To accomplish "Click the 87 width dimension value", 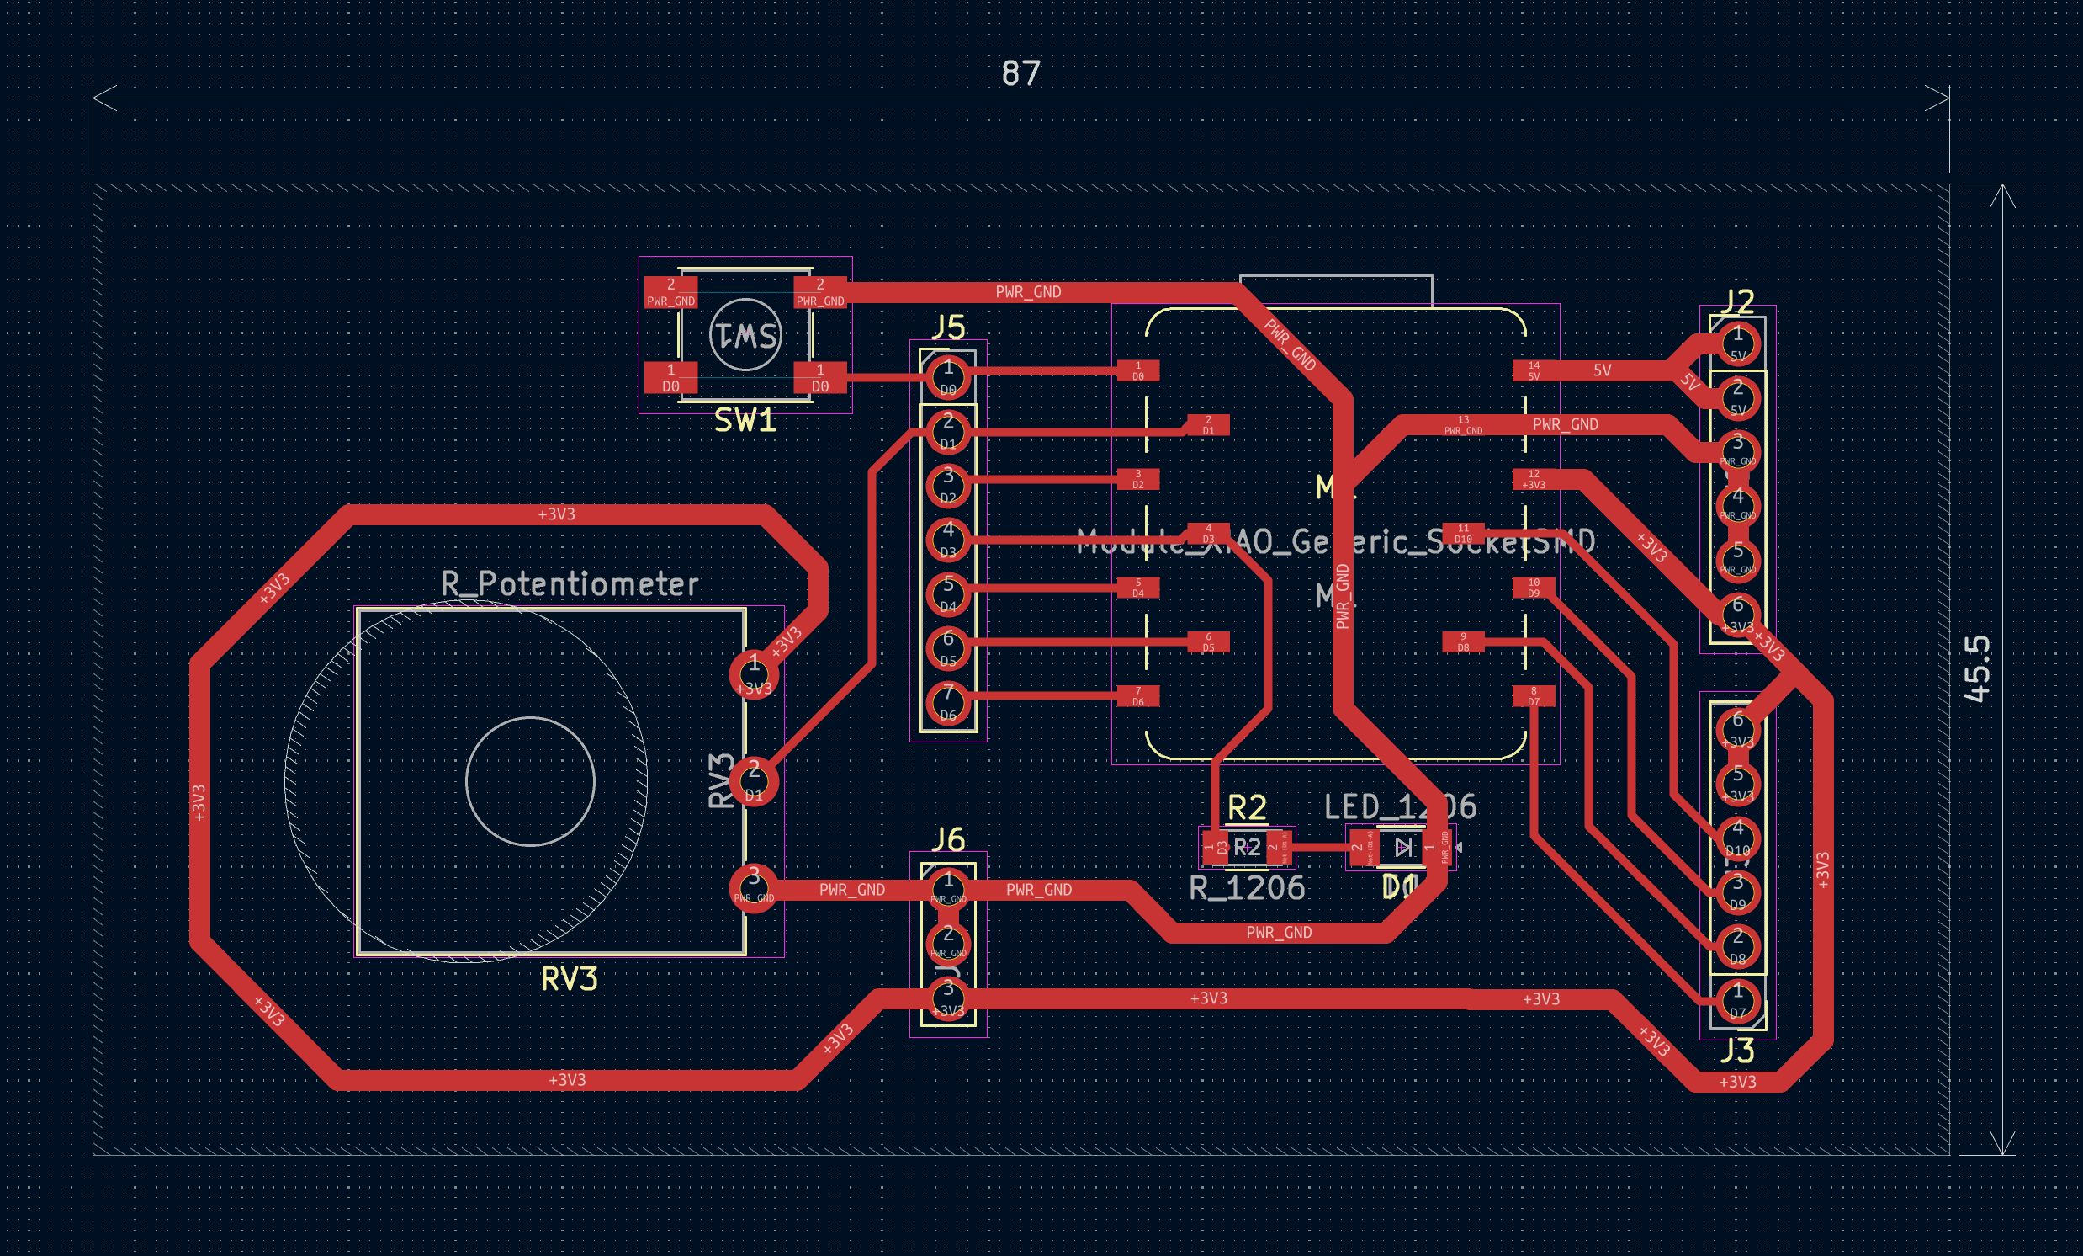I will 1020,73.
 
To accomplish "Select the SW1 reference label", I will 745,420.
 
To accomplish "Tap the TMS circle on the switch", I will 745,336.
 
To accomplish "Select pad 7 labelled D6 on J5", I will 947,702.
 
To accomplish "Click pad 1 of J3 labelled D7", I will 1737,1000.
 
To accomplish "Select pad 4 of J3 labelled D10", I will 1737,838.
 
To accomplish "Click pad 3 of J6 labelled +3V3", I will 947,998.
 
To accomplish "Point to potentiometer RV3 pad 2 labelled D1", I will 753,780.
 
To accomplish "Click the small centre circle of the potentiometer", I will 530,780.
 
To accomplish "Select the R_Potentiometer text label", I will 569,583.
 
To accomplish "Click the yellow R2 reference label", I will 1247,808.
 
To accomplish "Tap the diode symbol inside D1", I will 1403,847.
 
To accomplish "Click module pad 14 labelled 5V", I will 1534,370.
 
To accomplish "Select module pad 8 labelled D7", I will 1534,696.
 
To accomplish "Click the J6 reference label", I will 947,840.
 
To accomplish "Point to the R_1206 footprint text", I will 1247,888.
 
